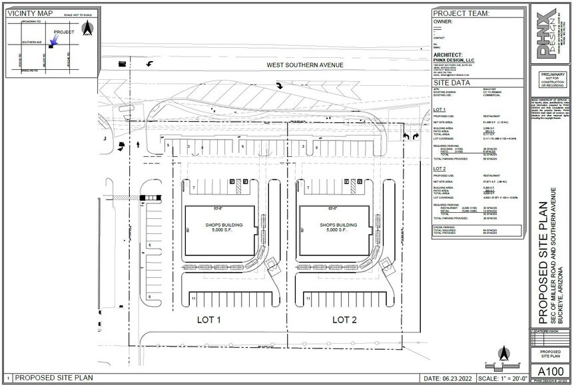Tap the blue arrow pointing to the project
pyautogui.click(x=55, y=41)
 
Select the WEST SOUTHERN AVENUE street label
pyautogui.click(x=304, y=65)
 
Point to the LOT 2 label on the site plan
pyautogui.click(x=346, y=320)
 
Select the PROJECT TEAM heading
pyautogui.click(x=461, y=13)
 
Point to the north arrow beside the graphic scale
pyautogui.click(x=505, y=353)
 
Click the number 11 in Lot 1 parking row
pyautogui.click(x=194, y=300)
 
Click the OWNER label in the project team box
pyautogui.click(x=443, y=22)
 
